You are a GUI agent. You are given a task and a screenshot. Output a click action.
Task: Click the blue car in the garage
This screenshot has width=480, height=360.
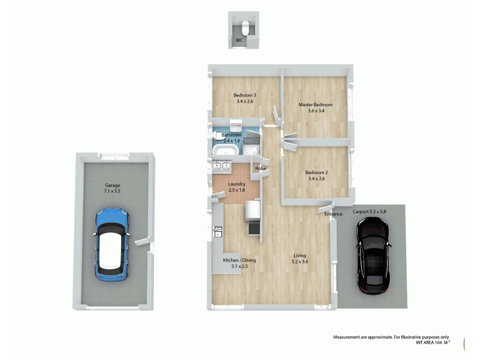pos(112,244)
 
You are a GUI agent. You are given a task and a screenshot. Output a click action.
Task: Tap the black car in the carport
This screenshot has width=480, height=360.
pos(373,254)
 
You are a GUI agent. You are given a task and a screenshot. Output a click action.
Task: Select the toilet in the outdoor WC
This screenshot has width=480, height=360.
pos(246,28)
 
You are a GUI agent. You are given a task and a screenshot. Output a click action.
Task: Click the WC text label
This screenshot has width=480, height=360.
pos(239,41)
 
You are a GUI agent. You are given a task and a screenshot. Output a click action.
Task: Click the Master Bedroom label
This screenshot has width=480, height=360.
pos(316,104)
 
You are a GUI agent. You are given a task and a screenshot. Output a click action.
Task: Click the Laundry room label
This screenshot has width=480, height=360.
pos(237,184)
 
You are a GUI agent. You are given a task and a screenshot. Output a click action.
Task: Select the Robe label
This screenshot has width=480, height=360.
pos(260,169)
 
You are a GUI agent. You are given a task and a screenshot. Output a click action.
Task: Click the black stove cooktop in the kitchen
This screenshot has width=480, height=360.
pos(253,229)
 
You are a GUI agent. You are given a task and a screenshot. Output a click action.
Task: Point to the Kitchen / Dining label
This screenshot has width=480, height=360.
pos(239,260)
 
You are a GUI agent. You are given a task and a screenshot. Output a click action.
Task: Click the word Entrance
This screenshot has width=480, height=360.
pos(333,214)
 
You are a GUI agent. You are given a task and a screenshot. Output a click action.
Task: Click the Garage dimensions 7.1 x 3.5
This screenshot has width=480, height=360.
pos(112,191)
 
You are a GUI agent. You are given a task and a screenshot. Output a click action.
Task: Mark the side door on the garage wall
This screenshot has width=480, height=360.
pos(142,242)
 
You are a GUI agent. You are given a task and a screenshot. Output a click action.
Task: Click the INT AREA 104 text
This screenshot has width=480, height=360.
pos(433,343)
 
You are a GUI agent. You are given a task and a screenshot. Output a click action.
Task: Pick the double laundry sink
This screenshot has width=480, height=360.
pos(221,166)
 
